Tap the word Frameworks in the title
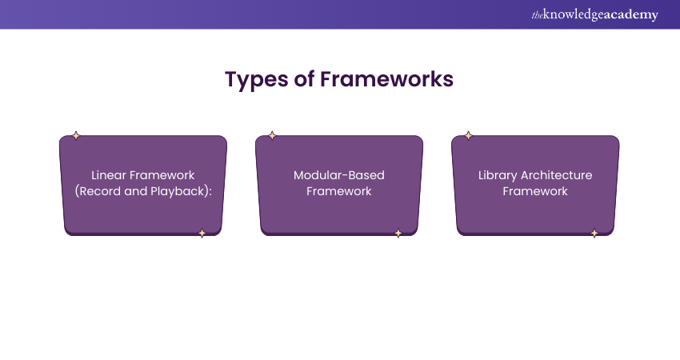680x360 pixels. tap(387, 79)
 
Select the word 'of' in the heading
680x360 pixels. tap(305, 79)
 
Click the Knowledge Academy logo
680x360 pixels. tap(594, 14)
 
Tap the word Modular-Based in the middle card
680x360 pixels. tap(339, 175)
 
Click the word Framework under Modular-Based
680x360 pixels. tap(339, 191)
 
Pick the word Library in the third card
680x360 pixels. tap(498, 176)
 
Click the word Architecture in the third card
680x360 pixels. tap(557, 175)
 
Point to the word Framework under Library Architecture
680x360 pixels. tap(535, 191)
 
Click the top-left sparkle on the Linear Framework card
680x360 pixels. tap(76, 136)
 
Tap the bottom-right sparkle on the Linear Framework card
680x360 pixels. tap(202, 234)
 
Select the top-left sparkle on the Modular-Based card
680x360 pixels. tap(272, 136)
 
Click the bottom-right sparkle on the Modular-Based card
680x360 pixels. tap(398, 234)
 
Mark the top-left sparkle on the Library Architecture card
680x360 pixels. tap(468, 136)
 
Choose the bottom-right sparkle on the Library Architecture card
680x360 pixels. tap(594, 234)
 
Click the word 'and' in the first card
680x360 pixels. tap(136, 191)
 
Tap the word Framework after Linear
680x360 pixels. tap(162, 175)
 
